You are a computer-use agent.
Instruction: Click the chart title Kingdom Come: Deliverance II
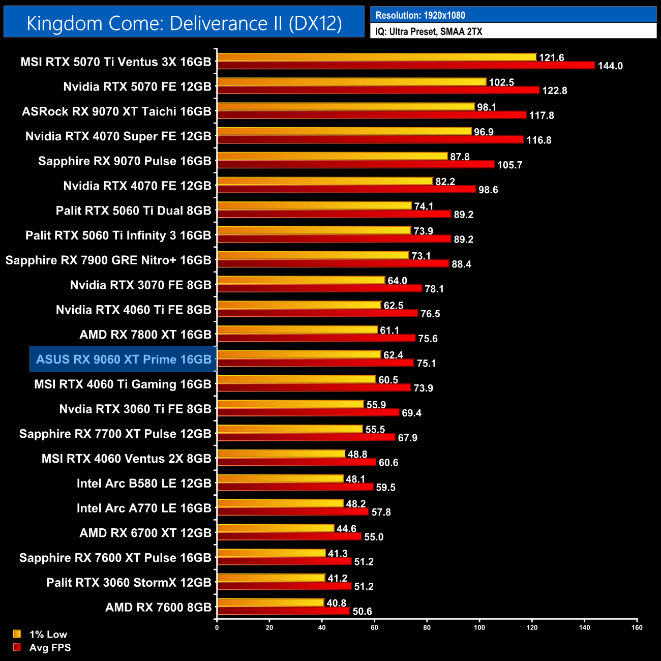[184, 23]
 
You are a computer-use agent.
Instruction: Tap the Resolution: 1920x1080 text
[420, 15]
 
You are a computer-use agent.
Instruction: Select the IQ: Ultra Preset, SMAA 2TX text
[429, 32]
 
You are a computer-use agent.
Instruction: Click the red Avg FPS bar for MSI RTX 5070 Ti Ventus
[406, 65]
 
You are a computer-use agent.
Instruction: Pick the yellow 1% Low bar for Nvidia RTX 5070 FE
[351, 82]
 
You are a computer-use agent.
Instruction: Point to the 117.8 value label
[542, 115]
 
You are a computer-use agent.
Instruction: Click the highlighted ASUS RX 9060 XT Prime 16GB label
[124, 359]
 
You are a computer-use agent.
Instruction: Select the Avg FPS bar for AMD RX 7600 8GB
[284, 611]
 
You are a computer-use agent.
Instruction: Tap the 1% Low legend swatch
[17, 634]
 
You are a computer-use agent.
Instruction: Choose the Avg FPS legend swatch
[17, 647]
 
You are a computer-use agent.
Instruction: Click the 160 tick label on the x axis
[637, 627]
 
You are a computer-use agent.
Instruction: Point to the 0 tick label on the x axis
[217, 627]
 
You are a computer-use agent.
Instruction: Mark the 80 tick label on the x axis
[427, 627]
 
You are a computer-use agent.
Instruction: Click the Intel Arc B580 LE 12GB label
[144, 484]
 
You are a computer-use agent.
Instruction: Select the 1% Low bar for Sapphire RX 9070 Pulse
[332, 156]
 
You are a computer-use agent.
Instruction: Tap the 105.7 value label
[509, 165]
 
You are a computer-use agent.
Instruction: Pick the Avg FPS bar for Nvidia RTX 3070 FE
[320, 288]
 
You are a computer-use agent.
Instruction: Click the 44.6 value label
[346, 529]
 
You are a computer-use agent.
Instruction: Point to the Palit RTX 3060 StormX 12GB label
[129, 583]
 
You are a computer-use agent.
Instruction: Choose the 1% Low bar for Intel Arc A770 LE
[280, 503]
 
